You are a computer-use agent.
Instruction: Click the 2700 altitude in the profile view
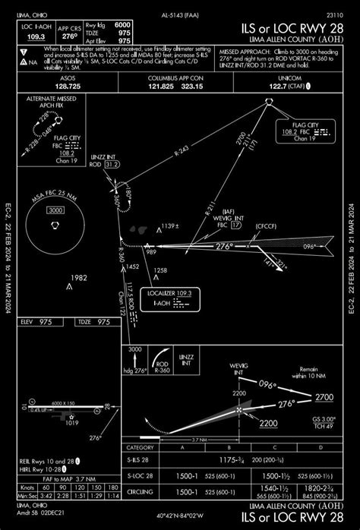(x=324, y=397)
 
